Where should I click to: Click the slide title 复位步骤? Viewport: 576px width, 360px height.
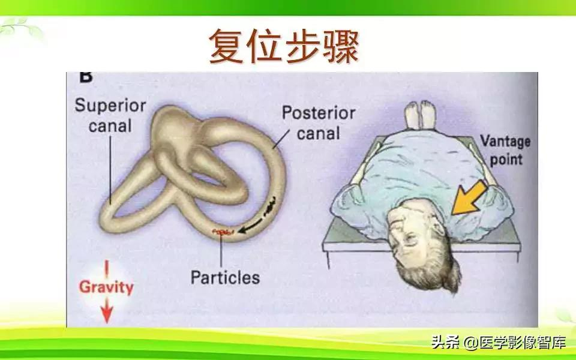pyautogui.click(x=283, y=47)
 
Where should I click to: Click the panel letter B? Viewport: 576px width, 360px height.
pyautogui.click(x=85, y=77)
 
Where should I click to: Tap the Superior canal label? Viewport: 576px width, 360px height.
pyautogui.click(x=110, y=116)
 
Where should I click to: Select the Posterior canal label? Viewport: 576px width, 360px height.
pyautogui.click(x=318, y=122)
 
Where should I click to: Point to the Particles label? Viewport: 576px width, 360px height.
pyautogui.click(x=225, y=278)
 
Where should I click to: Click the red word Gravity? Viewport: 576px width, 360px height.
pyautogui.click(x=106, y=287)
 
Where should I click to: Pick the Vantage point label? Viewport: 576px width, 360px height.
pyautogui.click(x=505, y=150)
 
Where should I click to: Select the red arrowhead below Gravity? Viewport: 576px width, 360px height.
pyautogui.click(x=106, y=313)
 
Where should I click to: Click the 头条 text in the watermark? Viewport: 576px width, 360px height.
pyautogui.click(x=445, y=343)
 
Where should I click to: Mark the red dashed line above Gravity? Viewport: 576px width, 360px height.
pyautogui.click(x=106, y=268)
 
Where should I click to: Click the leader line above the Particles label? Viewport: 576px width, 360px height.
pyautogui.click(x=221, y=252)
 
